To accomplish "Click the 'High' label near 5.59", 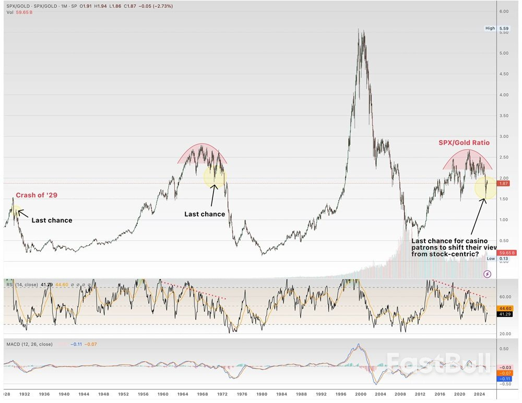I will coord(490,28).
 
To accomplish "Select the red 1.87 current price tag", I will coord(504,184).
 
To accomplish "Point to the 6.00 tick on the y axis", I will coord(504,11).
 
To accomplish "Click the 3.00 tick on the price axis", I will coord(504,136).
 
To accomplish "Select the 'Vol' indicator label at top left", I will coord(10,13).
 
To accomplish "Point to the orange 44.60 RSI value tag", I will coord(504,308).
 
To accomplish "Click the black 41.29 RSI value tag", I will coord(504,314).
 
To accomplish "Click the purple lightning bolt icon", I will coord(487,273).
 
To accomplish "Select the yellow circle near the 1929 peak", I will coord(16,211).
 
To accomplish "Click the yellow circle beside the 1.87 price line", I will coord(485,187).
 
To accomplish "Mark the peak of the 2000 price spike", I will coord(359,30).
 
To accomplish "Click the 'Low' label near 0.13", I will coord(490,258).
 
